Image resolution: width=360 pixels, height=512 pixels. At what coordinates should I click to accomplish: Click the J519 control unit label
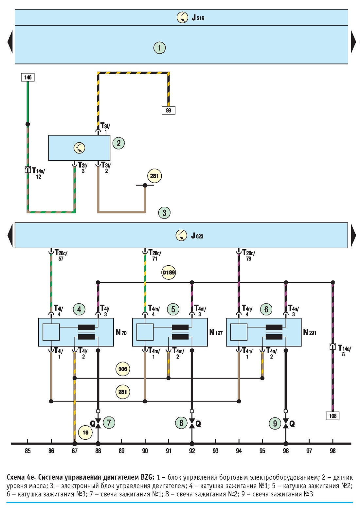(x=198, y=18)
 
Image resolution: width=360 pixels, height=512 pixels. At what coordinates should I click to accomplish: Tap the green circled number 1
(x=159, y=48)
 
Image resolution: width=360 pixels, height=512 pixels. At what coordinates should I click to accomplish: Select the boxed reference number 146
(x=28, y=77)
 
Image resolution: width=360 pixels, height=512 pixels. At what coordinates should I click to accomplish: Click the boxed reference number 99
(x=168, y=110)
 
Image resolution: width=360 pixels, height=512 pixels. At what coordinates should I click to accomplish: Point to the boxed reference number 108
(x=333, y=416)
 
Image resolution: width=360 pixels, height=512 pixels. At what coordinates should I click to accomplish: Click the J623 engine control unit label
(x=197, y=236)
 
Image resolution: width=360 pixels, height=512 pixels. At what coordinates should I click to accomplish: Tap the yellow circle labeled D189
(x=169, y=273)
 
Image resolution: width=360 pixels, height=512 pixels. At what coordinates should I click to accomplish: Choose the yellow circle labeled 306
(x=123, y=369)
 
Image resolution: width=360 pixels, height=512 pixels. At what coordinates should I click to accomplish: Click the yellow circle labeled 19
(x=85, y=433)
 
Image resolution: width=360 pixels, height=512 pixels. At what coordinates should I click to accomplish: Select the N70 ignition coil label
(x=121, y=332)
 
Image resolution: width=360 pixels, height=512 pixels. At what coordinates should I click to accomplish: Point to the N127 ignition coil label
(x=216, y=332)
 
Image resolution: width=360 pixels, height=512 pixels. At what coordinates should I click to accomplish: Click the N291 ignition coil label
(x=310, y=332)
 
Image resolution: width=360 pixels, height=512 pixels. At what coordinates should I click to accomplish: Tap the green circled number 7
(x=109, y=422)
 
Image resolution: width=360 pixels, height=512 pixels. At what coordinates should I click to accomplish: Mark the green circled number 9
(x=275, y=423)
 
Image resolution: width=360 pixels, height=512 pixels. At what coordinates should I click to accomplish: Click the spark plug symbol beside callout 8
(x=192, y=424)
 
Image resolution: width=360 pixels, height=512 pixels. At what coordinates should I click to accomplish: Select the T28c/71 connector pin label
(x=155, y=256)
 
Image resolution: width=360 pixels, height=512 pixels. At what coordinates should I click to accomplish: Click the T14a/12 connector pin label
(x=38, y=173)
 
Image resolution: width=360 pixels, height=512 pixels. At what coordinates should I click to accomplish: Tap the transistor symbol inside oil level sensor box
(x=80, y=148)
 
